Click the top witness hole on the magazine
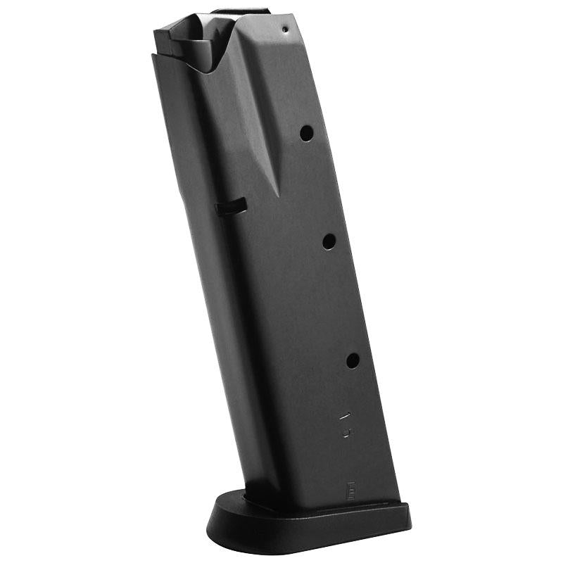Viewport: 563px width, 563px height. [x=306, y=132]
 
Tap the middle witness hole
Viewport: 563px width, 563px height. [x=329, y=241]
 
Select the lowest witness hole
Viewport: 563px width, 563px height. [x=352, y=360]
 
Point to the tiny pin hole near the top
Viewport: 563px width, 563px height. [x=284, y=30]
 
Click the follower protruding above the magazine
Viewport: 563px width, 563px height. [x=239, y=12]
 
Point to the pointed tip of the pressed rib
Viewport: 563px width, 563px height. [x=277, y=194]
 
